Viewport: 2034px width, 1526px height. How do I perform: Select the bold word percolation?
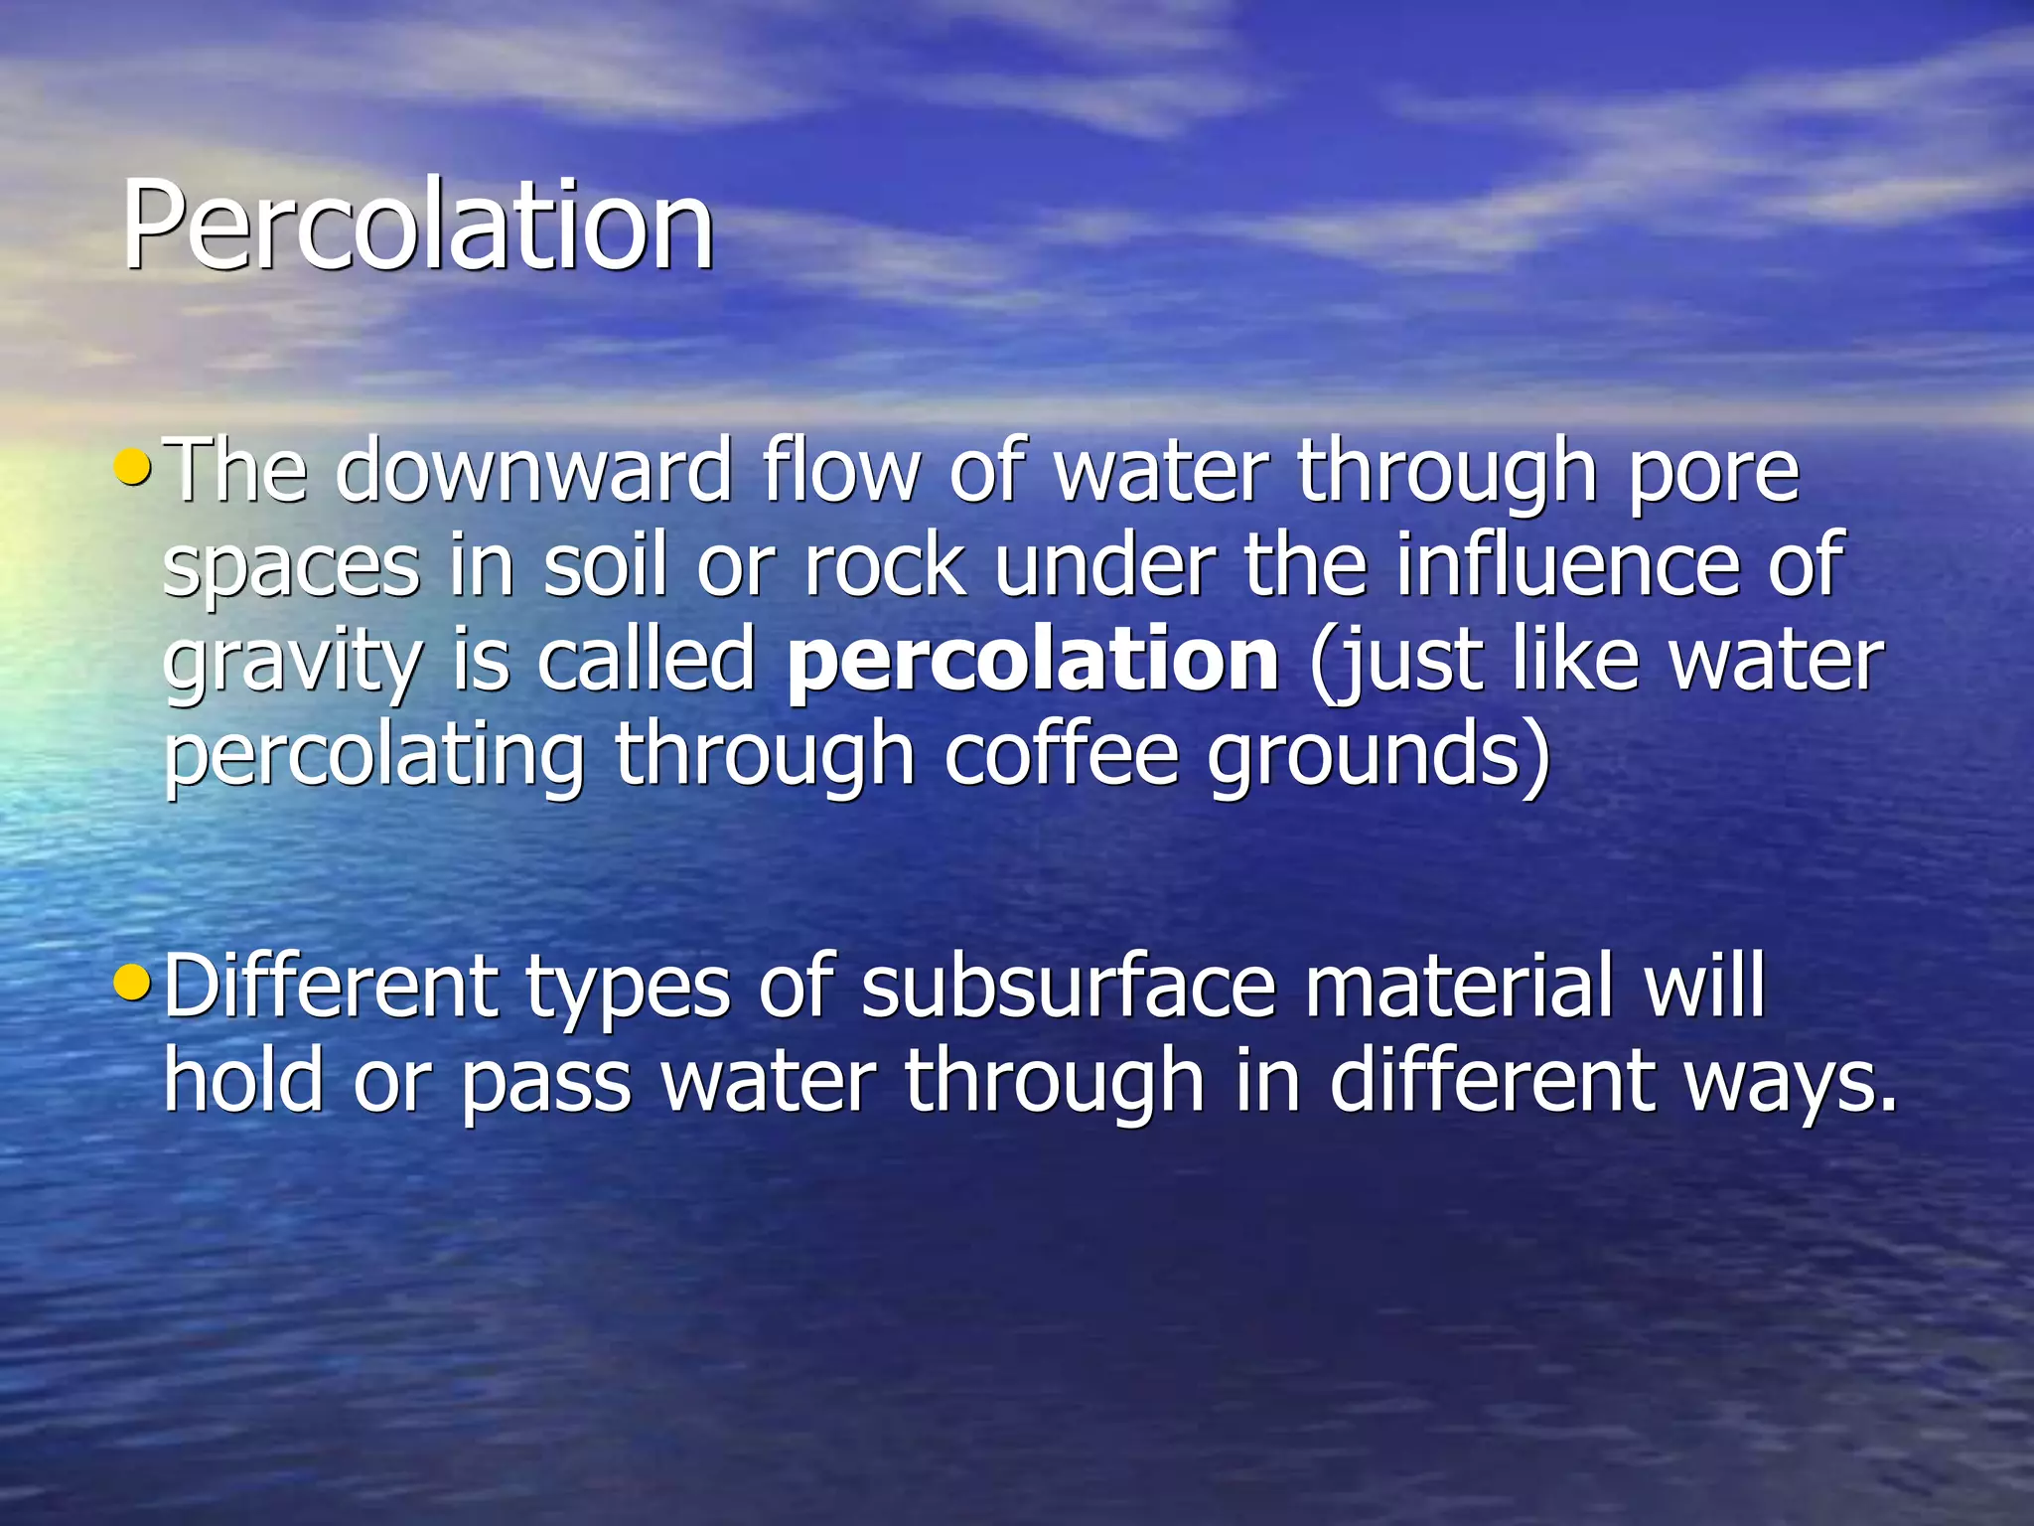[x=1032, y=662]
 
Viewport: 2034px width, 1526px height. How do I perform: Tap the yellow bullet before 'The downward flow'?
[x=133, y=465]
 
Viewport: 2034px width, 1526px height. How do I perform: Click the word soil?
[x=604, y=565]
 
